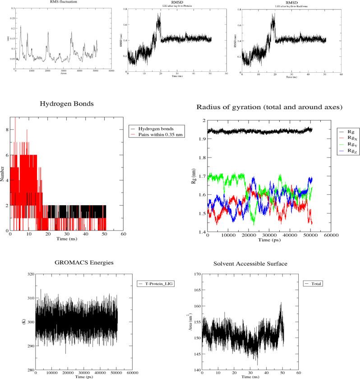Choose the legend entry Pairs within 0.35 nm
[x=162, y=134]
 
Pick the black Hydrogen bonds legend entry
[x=157, y=128]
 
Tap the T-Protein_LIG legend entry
[x=158, y=283]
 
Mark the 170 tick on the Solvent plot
[x=196, y=274]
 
